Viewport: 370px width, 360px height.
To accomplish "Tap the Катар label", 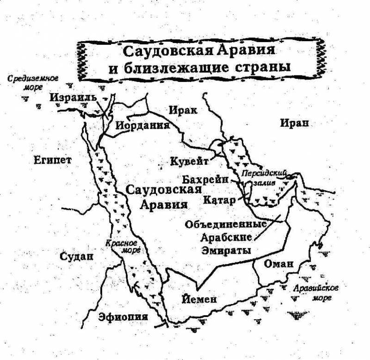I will coord(219,200).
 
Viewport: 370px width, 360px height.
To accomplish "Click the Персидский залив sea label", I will coord(264,178).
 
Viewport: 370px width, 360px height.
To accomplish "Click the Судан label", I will coord(77,256).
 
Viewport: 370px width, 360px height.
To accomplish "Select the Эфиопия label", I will coord(123,317).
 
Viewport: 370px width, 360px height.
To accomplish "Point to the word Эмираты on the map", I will coord(227,250).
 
